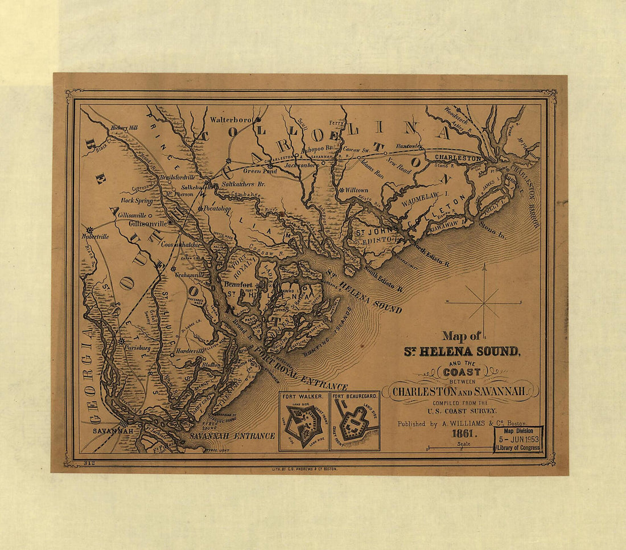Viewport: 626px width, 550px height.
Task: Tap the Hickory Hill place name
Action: click(125, 128)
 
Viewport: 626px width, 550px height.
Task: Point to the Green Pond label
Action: click(261, 170)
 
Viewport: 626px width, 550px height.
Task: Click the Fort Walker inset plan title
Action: click(303, 396)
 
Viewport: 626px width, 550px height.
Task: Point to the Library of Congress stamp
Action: click(518, 440)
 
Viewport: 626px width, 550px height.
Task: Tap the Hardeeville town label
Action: click(190, 351)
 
